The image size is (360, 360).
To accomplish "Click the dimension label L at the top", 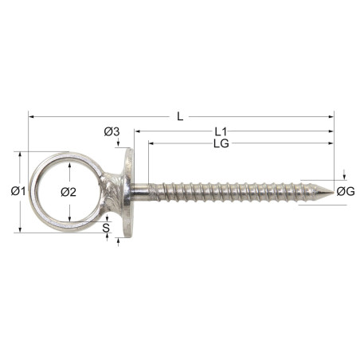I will (180, 116).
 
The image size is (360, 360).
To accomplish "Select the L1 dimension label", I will (221, 131).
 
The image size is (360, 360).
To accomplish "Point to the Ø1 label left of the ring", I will (18, 191).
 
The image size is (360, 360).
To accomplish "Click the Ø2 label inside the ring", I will (68, 192).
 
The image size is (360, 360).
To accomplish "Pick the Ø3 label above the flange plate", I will (112, 131).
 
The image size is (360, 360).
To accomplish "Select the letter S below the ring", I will (107, 227).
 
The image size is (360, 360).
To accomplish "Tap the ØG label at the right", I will (345, 191).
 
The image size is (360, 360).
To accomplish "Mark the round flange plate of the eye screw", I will (127, 191).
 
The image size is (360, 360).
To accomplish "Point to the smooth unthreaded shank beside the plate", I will (141, 192).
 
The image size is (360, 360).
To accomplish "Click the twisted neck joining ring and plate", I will (111, 192).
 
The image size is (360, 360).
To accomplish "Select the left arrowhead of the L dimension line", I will (32, 116).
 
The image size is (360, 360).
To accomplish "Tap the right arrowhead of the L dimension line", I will (331, 116).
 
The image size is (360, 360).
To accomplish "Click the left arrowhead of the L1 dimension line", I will (137, 131).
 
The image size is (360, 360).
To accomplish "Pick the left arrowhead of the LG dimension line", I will (151, 143).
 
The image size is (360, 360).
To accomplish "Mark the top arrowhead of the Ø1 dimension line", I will (18, 155).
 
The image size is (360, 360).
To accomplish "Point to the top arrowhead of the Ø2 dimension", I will (69, 166).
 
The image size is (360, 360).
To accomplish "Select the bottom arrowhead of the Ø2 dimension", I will (69, 218).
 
